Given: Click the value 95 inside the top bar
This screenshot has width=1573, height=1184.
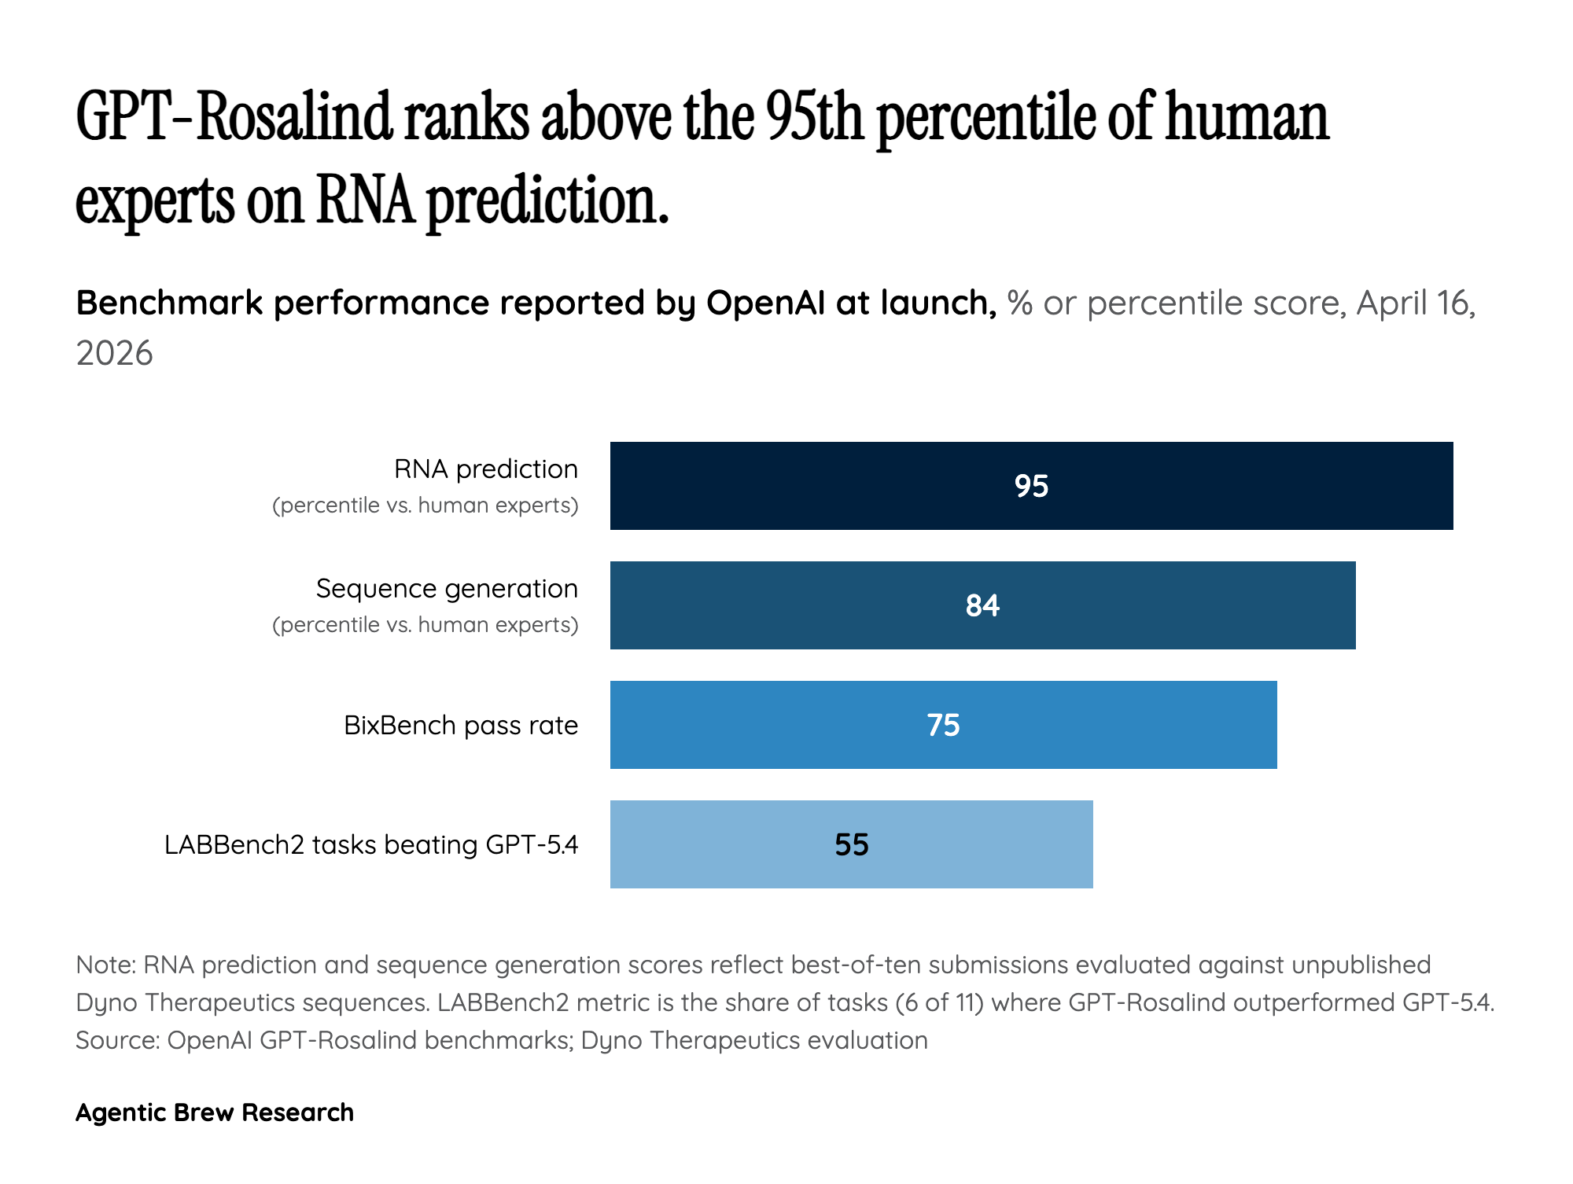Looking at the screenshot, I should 1031,486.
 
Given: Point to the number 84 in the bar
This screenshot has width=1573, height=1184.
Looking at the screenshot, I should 982,605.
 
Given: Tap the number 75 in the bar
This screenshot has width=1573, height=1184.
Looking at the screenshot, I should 943,725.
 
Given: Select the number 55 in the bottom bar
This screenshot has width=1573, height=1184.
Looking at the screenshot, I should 851,844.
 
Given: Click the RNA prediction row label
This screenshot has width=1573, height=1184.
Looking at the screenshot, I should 485,469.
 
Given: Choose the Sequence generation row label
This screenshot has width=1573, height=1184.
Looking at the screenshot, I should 446,589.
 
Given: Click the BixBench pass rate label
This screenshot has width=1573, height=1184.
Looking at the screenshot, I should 460,725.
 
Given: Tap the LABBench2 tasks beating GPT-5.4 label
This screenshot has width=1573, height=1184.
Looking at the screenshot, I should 370,844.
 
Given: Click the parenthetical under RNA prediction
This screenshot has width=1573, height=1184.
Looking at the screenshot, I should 425,506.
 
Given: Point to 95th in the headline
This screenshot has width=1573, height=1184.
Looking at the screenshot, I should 814,118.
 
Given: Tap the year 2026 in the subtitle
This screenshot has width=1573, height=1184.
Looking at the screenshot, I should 114,354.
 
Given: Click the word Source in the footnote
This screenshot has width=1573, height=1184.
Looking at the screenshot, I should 116,1040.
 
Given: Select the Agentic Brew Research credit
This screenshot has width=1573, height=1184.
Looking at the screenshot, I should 214,1112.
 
